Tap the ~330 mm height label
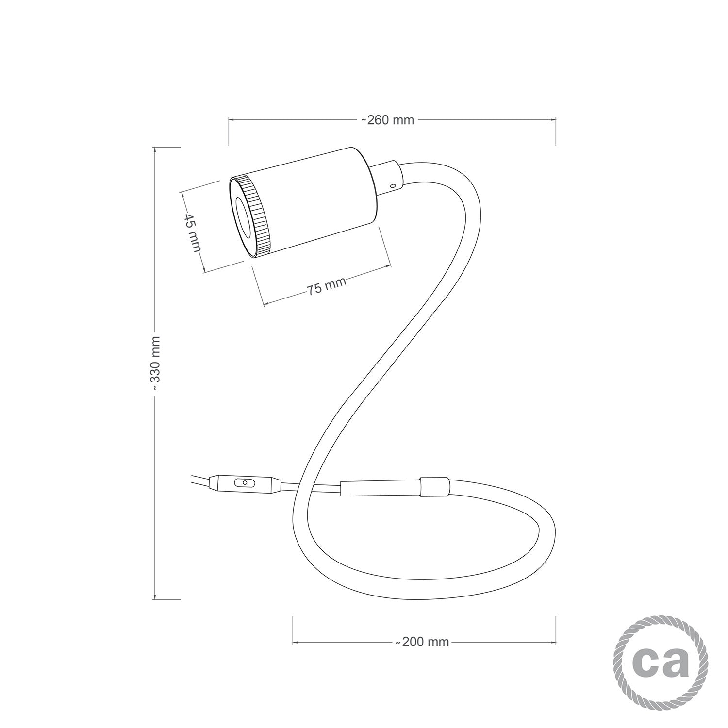click(x=155, y=364)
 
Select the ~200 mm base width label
click(x=422, y=642)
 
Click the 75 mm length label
click(x=326, y=286)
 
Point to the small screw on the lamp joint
click(x=393, y=185)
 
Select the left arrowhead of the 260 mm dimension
click(x=231, y=119)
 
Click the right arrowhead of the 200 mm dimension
click(x=553, y=642)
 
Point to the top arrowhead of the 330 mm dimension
click(x=155, y=149)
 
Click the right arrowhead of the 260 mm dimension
click(x=553, y=119)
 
